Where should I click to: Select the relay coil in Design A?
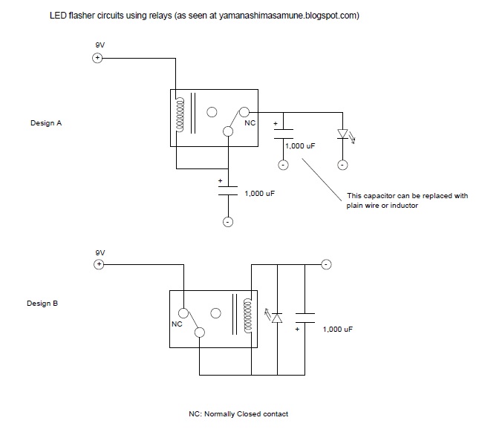[x=179, y=115]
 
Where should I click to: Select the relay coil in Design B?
[x=250, y=315]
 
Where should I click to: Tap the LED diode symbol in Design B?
[x=276, y=317]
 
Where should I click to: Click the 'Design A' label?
[x=46, y=123]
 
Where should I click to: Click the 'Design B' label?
[x=42, y=304]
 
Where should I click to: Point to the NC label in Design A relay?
[x=250, y=123]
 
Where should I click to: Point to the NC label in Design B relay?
[x=176, y=324]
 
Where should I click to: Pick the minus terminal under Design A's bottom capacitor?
[x=228, y=222]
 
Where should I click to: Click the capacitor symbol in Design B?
[x=305, y=317]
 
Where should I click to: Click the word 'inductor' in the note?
[x=402, y=206]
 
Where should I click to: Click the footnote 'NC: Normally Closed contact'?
[x=238, y=413]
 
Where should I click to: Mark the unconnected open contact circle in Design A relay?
[x=212, y=113]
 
